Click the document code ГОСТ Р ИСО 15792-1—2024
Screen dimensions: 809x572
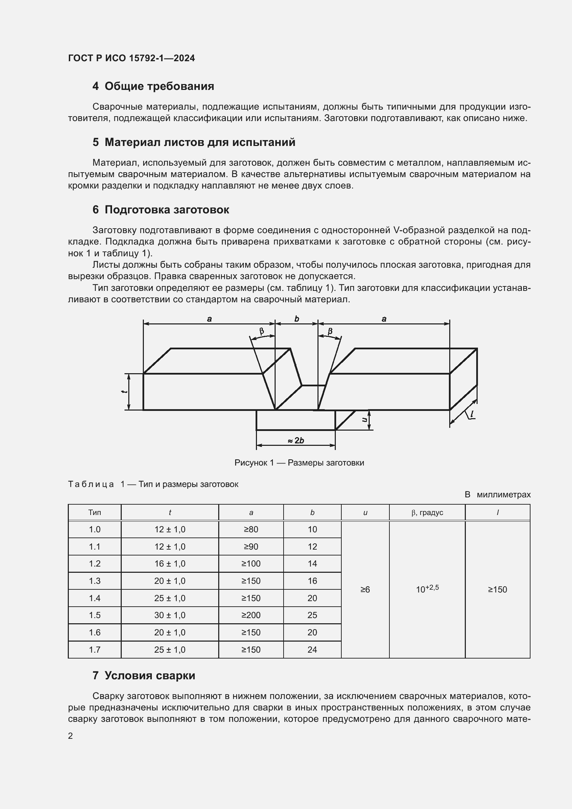click(x=131, y=58)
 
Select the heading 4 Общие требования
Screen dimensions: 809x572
click(x=153, y=86)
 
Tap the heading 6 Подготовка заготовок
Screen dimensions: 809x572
click(x=160, y=210)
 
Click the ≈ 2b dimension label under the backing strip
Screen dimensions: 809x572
click(x=296, y=440)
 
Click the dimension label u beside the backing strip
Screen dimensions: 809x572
click(x=365, y=420)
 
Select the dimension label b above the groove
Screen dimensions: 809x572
click(x=297, y=319)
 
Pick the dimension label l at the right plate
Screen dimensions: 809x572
click(x=472, y=414)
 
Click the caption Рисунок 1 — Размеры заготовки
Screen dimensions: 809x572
click(x=299, y=463)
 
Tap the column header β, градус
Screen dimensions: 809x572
click(x=427, y=512)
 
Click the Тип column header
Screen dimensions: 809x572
click(x=94, y=512)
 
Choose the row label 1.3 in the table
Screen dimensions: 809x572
click(x=94, y=581)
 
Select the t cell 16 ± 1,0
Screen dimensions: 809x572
click(x=170, y=563)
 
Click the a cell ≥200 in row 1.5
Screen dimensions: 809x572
click(x=251, y=615)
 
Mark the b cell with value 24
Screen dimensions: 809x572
click(x=312, y=650)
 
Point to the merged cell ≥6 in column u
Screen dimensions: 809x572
click(x=365, y=589)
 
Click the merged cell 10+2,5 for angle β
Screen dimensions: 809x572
click(x=427, y=589)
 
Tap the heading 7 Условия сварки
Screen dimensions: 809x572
click(x=144, y=675)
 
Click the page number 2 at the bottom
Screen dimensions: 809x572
click(x=71, y=736)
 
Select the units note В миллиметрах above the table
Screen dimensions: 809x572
click(x=497, y=494)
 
